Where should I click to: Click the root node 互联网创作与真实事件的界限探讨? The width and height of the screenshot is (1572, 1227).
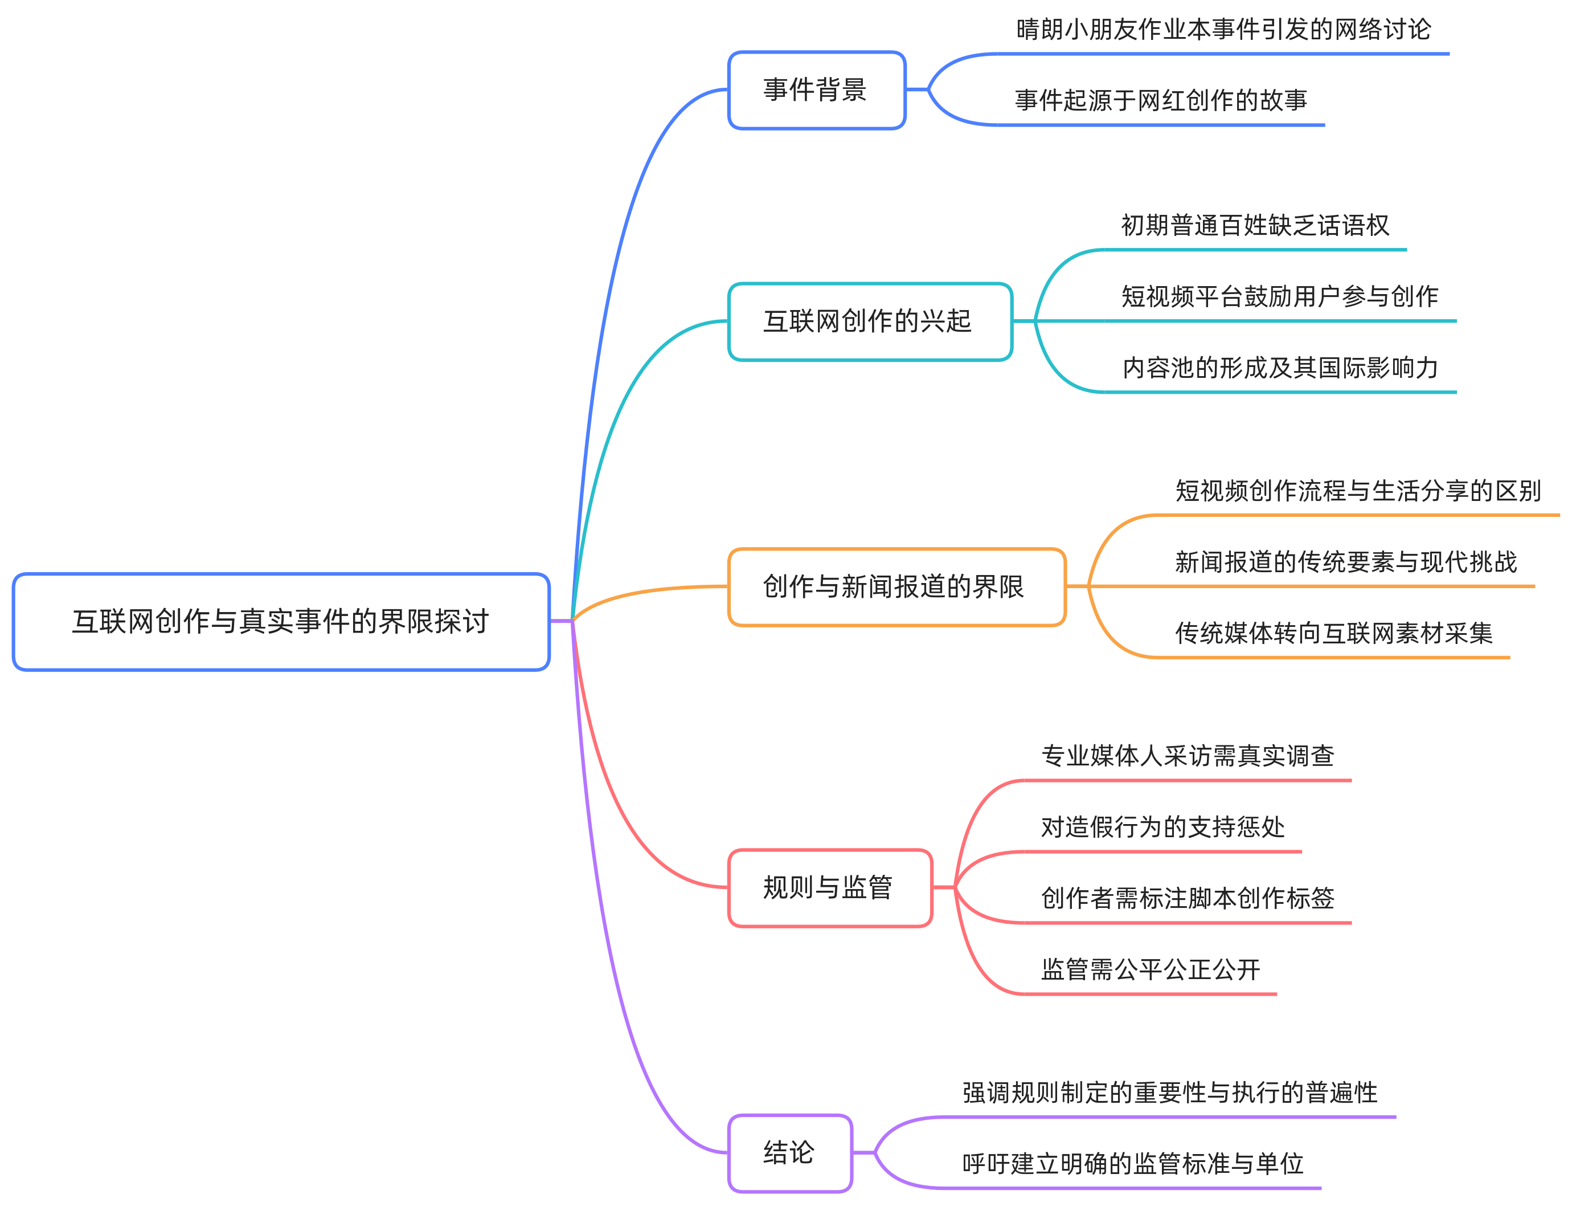[281, 621]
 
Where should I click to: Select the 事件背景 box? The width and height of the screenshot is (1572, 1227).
[816, 90]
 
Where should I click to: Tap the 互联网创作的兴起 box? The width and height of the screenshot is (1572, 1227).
[870, 321]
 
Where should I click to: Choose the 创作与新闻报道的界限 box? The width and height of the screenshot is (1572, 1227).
[896, 587]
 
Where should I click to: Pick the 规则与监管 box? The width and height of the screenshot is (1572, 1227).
[829, 887]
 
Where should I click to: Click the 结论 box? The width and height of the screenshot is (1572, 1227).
[789, 1153]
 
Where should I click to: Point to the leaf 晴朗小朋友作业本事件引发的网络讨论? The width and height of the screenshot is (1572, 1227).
[1223, 30]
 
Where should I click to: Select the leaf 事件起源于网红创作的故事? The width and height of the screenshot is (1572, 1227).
[1161, 100]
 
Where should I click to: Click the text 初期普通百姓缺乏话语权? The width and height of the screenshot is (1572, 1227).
[1255, 225]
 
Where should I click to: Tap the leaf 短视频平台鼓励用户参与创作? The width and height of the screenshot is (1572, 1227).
[1280, 296]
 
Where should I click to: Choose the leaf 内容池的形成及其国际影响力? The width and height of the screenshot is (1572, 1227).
[1280, 368]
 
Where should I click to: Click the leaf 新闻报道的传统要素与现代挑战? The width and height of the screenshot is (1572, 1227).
[1346, 562]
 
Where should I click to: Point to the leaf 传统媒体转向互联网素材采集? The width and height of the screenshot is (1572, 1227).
[1334, 633]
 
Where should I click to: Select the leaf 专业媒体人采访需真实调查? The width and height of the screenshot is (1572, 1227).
[1188, 755]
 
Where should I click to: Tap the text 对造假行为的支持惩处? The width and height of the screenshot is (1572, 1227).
[1162, 826]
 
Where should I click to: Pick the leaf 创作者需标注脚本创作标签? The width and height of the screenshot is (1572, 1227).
[1188, 898]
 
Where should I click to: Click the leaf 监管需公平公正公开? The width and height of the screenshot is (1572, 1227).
[1150, 969]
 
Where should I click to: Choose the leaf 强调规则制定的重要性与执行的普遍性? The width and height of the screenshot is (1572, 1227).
[1170, 1093]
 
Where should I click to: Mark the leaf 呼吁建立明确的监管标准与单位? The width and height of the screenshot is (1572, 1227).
[1133, 1164]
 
